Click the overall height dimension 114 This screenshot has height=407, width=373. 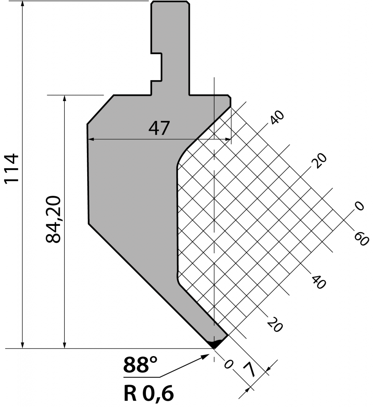[12, 169]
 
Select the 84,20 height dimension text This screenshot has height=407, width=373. [53, 219]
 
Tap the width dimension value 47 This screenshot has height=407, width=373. [159, 128]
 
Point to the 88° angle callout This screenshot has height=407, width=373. [140, 365]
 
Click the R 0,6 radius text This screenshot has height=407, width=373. [149, 393]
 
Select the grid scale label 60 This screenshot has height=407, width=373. [361, 239]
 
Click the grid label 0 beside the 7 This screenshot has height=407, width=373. [228, 364]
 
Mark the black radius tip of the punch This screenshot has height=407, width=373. [215, 343]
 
